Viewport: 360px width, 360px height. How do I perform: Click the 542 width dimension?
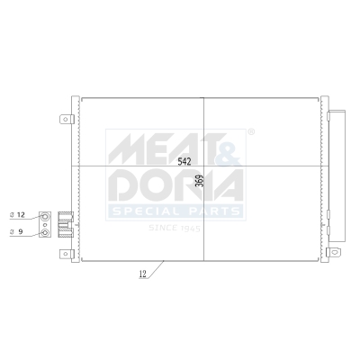click(x=184, y=162)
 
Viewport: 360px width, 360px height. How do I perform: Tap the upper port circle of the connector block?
click(x=42, y=215)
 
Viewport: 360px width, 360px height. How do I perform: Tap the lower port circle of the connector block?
click(x=42, y=231)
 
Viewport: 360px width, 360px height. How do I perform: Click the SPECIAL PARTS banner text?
click(x=175, y=211)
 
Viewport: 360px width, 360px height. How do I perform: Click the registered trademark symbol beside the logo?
click(x=250, y=131)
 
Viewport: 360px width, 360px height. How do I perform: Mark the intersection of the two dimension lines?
click(x=203, y=167)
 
